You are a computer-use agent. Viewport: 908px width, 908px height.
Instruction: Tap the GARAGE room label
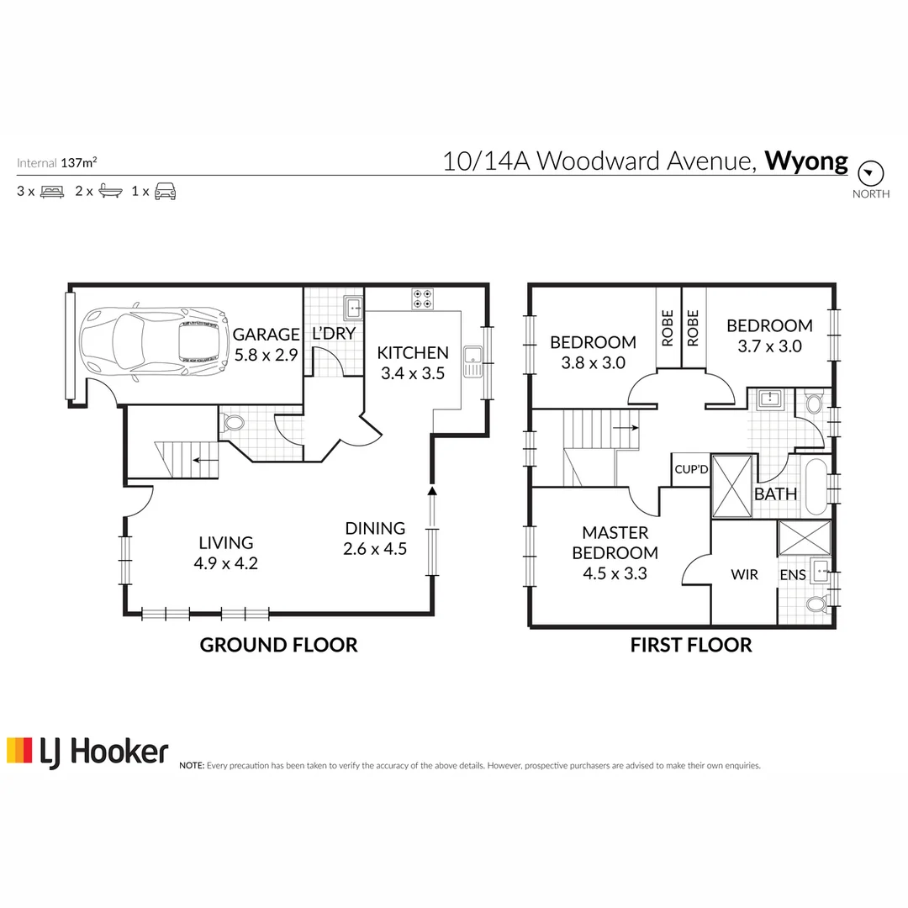pos(266,334)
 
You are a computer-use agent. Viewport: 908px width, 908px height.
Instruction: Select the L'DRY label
pos(334,334)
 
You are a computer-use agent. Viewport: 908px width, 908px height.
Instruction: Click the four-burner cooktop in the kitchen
pos(422,298)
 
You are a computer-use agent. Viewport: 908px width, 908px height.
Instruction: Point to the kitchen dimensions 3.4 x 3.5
pos(412,373)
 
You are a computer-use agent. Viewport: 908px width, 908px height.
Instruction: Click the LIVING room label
pos(225,543)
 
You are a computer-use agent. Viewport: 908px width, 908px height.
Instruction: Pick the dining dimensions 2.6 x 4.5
pos(375,549)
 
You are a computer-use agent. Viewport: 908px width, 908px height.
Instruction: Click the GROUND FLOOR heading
pos(278,645)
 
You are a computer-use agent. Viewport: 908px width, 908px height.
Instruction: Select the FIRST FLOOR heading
pos(691,645)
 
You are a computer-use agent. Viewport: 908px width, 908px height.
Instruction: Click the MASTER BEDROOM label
pos(615,542)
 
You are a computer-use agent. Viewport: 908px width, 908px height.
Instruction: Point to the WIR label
pos(744,575)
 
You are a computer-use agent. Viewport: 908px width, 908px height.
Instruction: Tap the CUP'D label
pos(691,469)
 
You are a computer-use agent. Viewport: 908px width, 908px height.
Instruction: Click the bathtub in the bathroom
pos(815,488)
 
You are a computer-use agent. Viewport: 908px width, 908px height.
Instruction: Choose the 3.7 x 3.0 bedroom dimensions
pos(769,346)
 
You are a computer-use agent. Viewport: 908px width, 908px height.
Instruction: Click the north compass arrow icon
pos(870,174)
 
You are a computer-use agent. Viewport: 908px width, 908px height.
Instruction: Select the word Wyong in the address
pos(805,161)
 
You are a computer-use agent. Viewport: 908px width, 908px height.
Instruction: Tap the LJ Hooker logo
pos(87,751)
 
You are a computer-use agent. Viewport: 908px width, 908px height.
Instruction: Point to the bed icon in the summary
pos(52,192)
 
